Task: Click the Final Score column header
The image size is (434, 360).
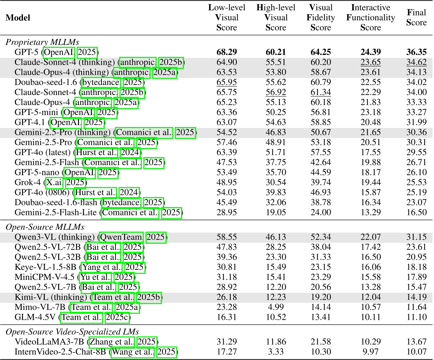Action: pyautogui.click(x=416, y=18)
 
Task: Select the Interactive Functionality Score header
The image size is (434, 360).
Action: pyautogui.click(x=370, y=18)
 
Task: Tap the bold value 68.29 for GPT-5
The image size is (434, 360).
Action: pyautogui.click(x=226, y=52)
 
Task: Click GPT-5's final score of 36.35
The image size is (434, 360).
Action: pyautogui.click(x=416, y=52)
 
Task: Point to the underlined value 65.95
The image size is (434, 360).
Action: pyautogui.click(x=226, y=82)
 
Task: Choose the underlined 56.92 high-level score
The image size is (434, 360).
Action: pyautogui.click(x=275, y=92)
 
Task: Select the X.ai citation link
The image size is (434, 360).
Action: pyautogui.click(x=54, y=182)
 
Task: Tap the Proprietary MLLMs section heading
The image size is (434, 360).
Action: pyautogui.click(x=42, y=42)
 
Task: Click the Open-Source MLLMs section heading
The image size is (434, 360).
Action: pyautogui.click(x=45, y=227)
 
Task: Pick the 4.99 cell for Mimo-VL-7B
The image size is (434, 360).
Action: pyautogui.click(x=275, y=307)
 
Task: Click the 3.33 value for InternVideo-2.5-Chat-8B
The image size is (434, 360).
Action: pyautogui.click(x=275, y=352)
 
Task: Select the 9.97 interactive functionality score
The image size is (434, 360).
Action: pyautogui.click(x=370, y=352)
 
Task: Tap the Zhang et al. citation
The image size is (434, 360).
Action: pyautogui.click(x=112, y=342)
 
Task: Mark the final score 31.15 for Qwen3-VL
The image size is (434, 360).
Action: pyautogui.click(x=416, y=237)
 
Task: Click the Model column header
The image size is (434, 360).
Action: pyautogui.click(x=18, y=18)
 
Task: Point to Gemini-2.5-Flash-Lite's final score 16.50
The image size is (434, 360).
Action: pyautogui.click(x=416, y=213)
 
